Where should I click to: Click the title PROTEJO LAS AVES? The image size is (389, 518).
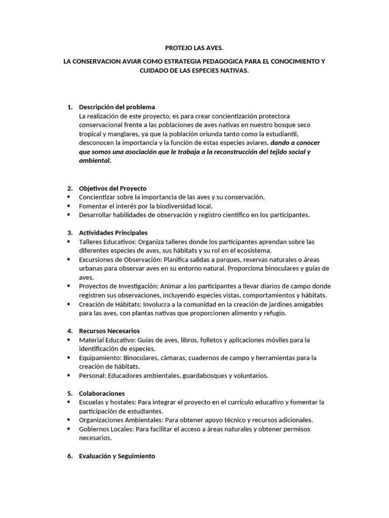click(x=194, y=48)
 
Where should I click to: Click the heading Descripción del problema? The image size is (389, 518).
click(x=117, y=107)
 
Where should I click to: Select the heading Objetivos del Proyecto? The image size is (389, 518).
click(x=112, y=188)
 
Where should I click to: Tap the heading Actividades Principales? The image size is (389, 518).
click(x=113, y=233)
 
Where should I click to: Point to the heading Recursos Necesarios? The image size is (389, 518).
click(x=109, y=331)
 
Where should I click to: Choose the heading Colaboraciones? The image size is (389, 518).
click(x=102, y=393)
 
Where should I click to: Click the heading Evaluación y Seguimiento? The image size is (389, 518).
click(x=117, y=456)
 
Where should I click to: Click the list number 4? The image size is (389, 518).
click(x=70, y=331)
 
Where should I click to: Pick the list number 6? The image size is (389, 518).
click(x=70, y=456)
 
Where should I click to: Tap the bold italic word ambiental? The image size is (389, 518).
click(x=95, y=160)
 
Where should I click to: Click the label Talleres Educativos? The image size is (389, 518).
click(x=107, y=241)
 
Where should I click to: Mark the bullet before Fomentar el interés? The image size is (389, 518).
click(x=69, y=206)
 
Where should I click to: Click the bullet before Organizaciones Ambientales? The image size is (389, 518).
click(x=69, y=420)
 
